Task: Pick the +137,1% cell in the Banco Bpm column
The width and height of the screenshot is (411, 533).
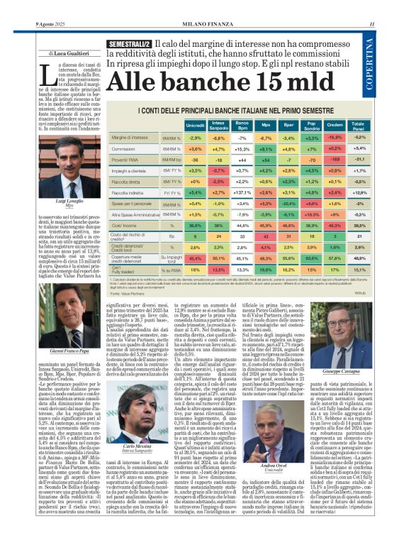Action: tap(242, 192)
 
